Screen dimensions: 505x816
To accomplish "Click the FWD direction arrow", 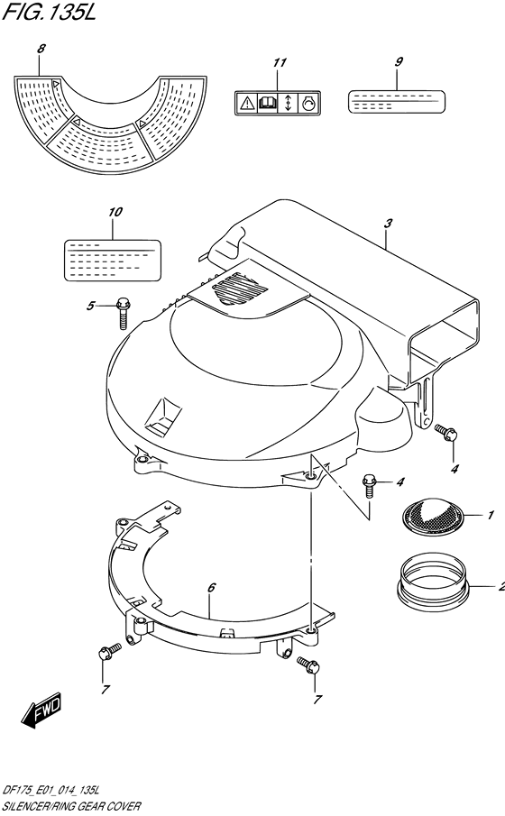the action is click(42, 711).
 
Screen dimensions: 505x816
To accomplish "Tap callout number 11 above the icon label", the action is click(280, 62).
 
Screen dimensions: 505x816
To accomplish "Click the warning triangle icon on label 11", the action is click(245, 104).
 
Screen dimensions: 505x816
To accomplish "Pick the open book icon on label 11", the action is click(267, 103).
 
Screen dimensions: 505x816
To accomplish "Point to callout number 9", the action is click(399, 61).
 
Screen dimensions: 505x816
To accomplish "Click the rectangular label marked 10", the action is click(112, 261).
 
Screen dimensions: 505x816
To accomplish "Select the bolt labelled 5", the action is click(123, 313).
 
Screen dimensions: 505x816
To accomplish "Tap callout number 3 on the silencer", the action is click(388, 224).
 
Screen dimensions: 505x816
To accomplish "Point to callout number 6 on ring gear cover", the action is click(211, 588).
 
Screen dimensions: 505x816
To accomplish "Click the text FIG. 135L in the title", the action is click(50, 13).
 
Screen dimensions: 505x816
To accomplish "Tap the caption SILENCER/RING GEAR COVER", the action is click(71, 806).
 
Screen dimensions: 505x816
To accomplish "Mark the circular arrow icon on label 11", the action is click(308, 104).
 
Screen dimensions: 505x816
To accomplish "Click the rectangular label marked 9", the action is click(396, 101).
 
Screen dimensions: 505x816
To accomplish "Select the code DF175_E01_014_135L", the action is click(51, 792).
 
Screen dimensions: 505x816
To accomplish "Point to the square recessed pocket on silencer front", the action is click(163, 417).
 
